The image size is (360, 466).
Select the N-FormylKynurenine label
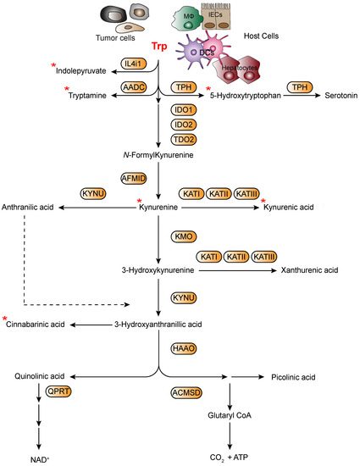tap(158, 154)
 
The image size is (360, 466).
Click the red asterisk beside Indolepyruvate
tap(54, 66)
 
